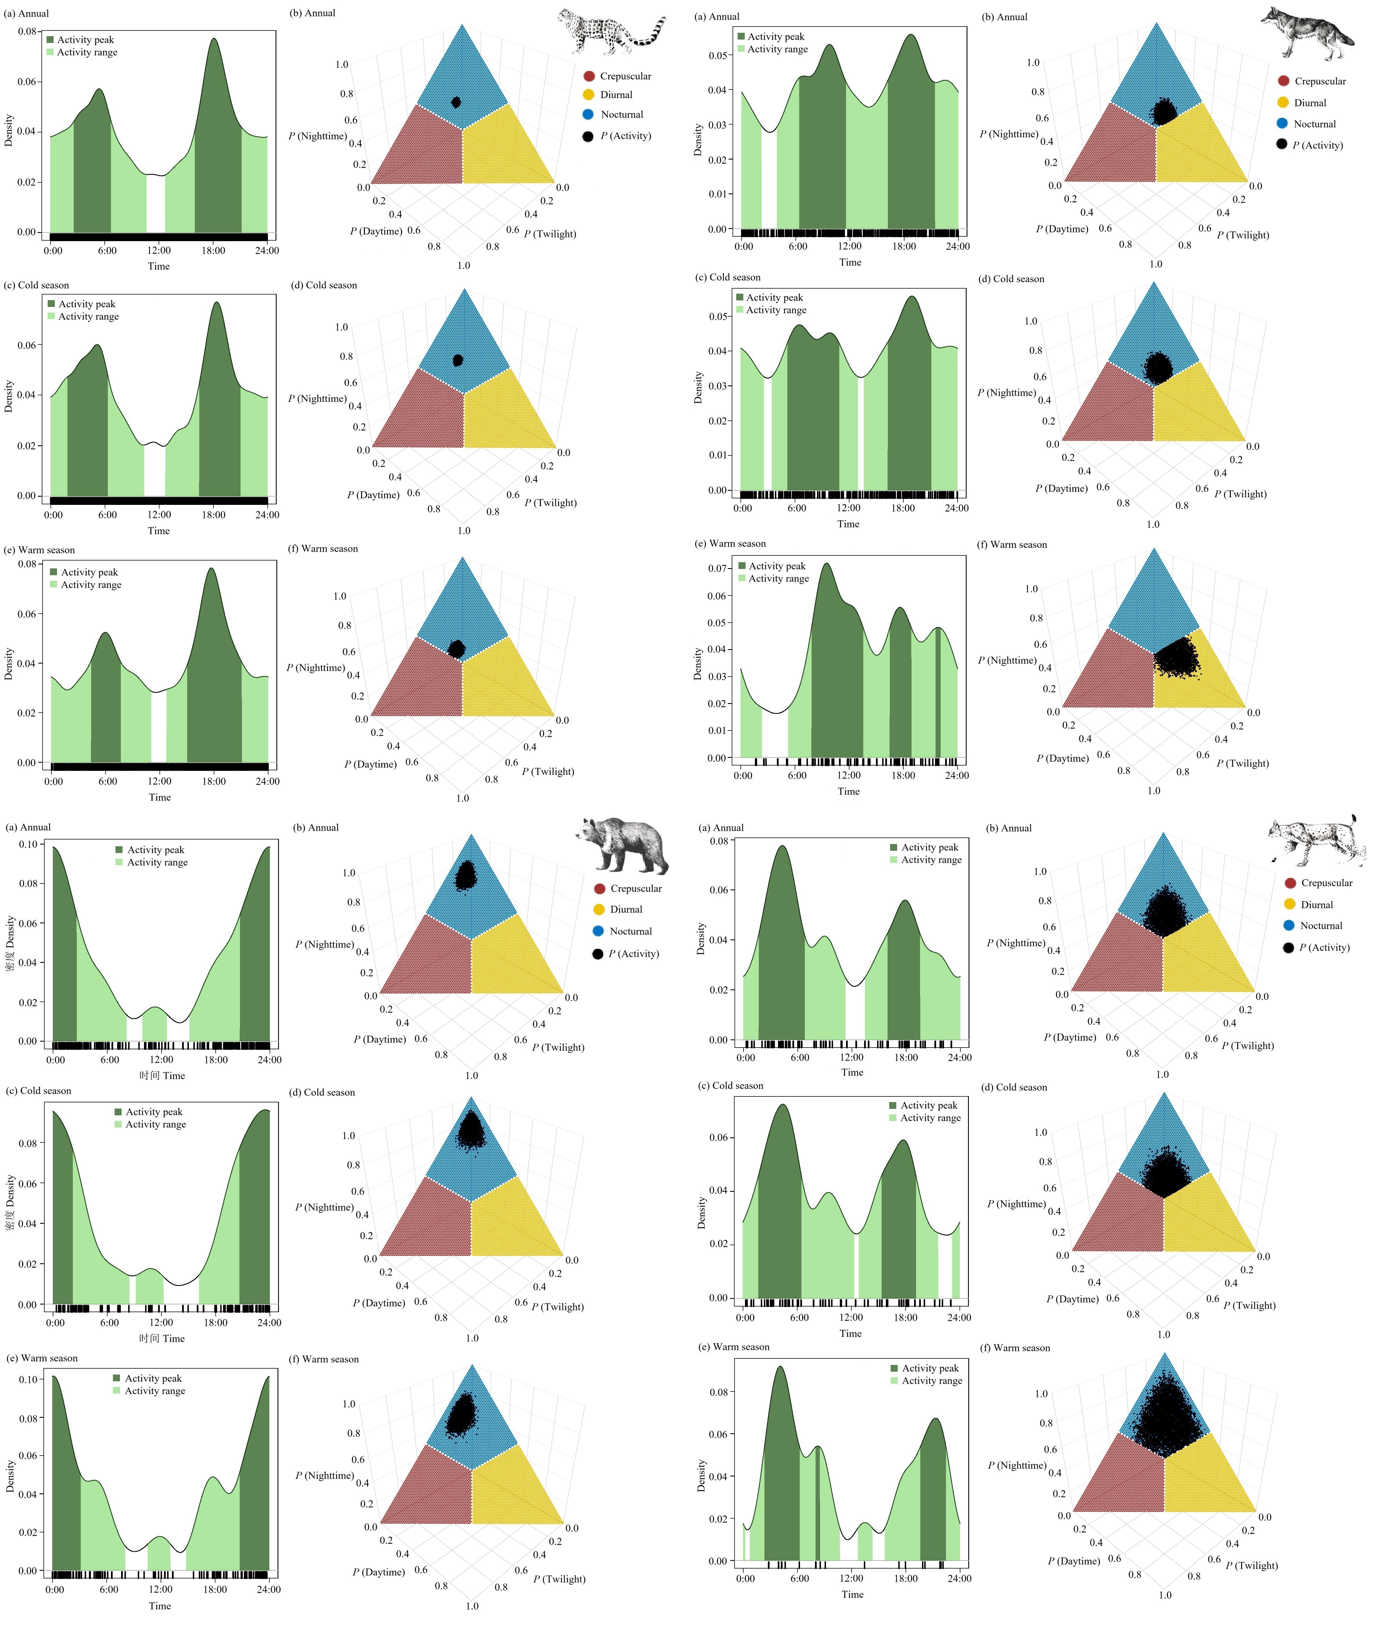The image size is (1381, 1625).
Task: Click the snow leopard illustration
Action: tap(611, 33)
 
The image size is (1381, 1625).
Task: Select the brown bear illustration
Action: tap(624, 846)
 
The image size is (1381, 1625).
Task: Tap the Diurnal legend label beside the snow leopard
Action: tap(616, 95)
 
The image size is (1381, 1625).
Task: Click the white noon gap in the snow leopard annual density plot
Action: tap(156, 204)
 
